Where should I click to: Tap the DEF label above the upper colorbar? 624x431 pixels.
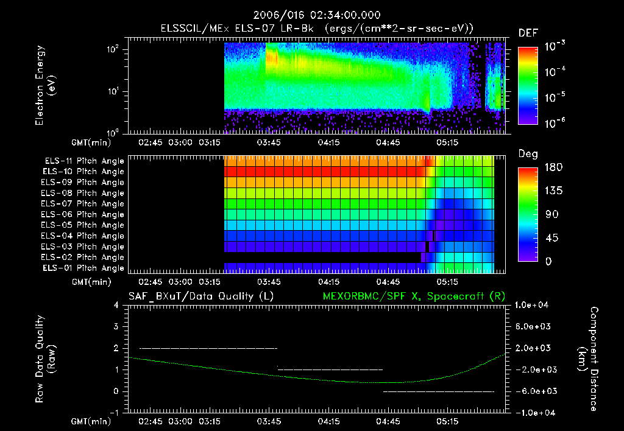coord(528,33)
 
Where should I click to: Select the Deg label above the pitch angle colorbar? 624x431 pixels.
coord(528,153)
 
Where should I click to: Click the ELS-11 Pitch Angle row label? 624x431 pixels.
coord(84,161)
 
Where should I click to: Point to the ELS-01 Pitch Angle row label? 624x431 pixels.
coord(84,268)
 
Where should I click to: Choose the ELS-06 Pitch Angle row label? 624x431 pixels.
coord(84,214)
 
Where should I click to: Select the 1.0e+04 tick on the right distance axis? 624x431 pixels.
coord(533,305)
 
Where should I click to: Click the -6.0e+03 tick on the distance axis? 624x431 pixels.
coord(533,391)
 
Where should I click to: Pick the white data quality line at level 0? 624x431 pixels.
coord(438,391)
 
